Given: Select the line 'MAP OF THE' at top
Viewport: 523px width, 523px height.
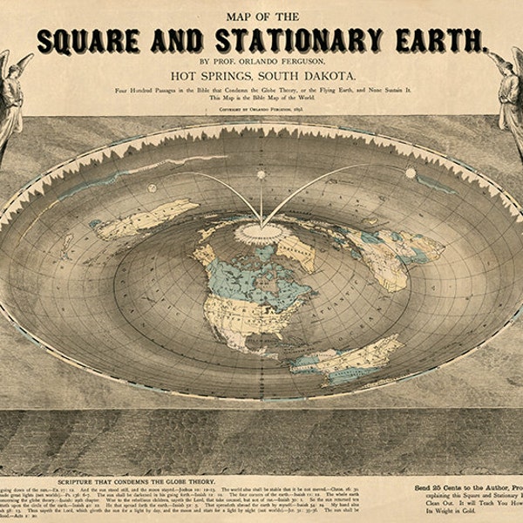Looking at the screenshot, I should click(261, 14).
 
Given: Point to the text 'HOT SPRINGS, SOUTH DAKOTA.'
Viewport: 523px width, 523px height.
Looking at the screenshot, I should click(261, 77).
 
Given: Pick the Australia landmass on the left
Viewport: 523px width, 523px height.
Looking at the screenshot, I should click(144, 218).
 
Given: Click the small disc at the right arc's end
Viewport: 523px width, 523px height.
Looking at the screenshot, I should click(411, 173).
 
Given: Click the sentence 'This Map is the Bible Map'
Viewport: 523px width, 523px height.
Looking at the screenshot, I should click(261, 99).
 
